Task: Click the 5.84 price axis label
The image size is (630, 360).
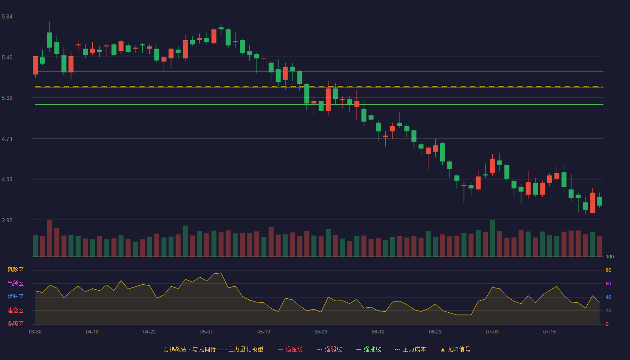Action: [x=7, y=17]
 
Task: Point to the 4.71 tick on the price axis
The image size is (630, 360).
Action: [x=7, y=139]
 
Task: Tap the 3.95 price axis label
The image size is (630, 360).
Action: [x=7, y=220]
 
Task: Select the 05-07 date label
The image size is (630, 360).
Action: [x=207, y=332]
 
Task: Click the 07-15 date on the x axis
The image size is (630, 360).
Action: [x=549, y=332]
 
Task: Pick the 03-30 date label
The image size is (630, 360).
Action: [x=35, y=332]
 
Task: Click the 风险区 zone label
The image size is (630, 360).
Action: [x=15, y=270]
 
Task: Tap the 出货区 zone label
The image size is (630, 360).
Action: [x=15, y=283]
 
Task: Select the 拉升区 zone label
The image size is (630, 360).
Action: [x=15, y=297]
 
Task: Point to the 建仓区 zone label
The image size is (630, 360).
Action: [x=15, y=310]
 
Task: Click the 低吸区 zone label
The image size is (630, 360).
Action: [x=15, y=324]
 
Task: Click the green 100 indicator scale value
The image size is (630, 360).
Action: [x=610, y=256]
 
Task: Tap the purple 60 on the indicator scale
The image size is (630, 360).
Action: [x=608, y=283]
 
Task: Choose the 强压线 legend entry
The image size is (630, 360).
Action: [x=290, y=349]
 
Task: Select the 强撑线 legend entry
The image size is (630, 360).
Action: [x=369, y=349]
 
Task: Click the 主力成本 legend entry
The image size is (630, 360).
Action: [x=410, y=349]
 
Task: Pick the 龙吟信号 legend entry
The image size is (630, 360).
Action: [x=455, y=349]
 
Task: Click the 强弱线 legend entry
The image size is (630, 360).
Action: [x=329, y=349]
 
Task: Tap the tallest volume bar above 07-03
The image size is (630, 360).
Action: [x=492, y=238]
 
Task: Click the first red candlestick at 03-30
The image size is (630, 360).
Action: [x=35, y=65]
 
